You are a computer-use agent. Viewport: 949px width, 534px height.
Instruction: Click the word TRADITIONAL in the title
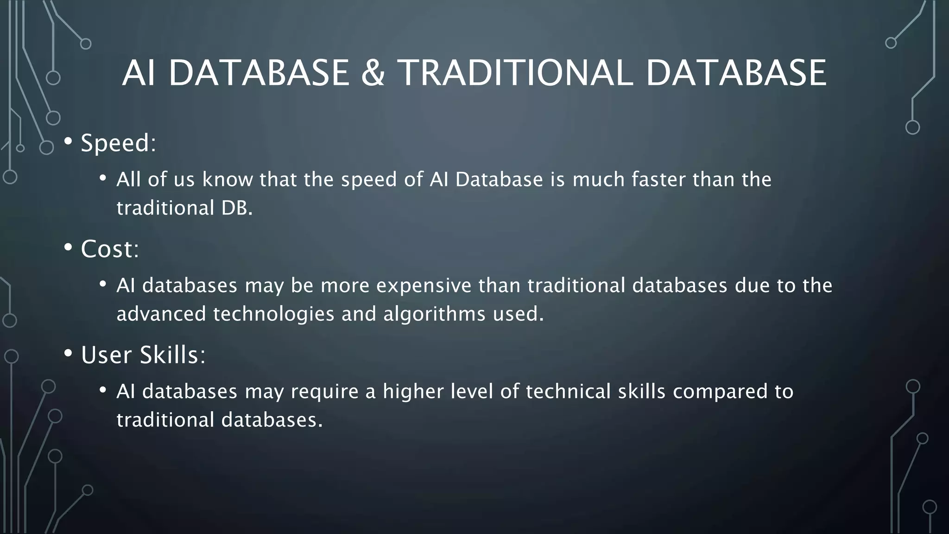pyautogui.click(x=515, y=73)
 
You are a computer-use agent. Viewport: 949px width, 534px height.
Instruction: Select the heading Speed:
pyautogui.click(x=118, y=143)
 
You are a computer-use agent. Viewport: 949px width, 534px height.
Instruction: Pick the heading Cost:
pyautogui.click(x=110, y=249)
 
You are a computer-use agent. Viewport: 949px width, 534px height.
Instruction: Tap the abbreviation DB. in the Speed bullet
pyautogui.click(x=237, y=208)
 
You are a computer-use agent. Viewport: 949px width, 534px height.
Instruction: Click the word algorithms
pyautogui.click(x=434, y=314)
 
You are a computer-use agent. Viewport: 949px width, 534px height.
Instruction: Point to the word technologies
pyautogui.click(x=273, y=314)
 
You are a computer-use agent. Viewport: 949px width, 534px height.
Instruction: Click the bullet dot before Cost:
pyautogui.click(x=68, y=248)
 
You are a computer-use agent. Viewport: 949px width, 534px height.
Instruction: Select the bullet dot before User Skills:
pyautogui.click(x=68, y=354)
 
